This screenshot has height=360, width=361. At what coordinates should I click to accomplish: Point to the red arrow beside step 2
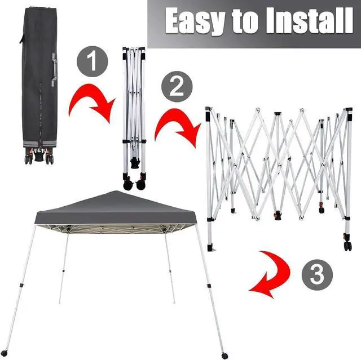(x=176, y=128)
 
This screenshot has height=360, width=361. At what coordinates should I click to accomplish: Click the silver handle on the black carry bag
(x=55, y=65)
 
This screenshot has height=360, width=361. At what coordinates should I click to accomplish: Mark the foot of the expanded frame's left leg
(x=210, y=246)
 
